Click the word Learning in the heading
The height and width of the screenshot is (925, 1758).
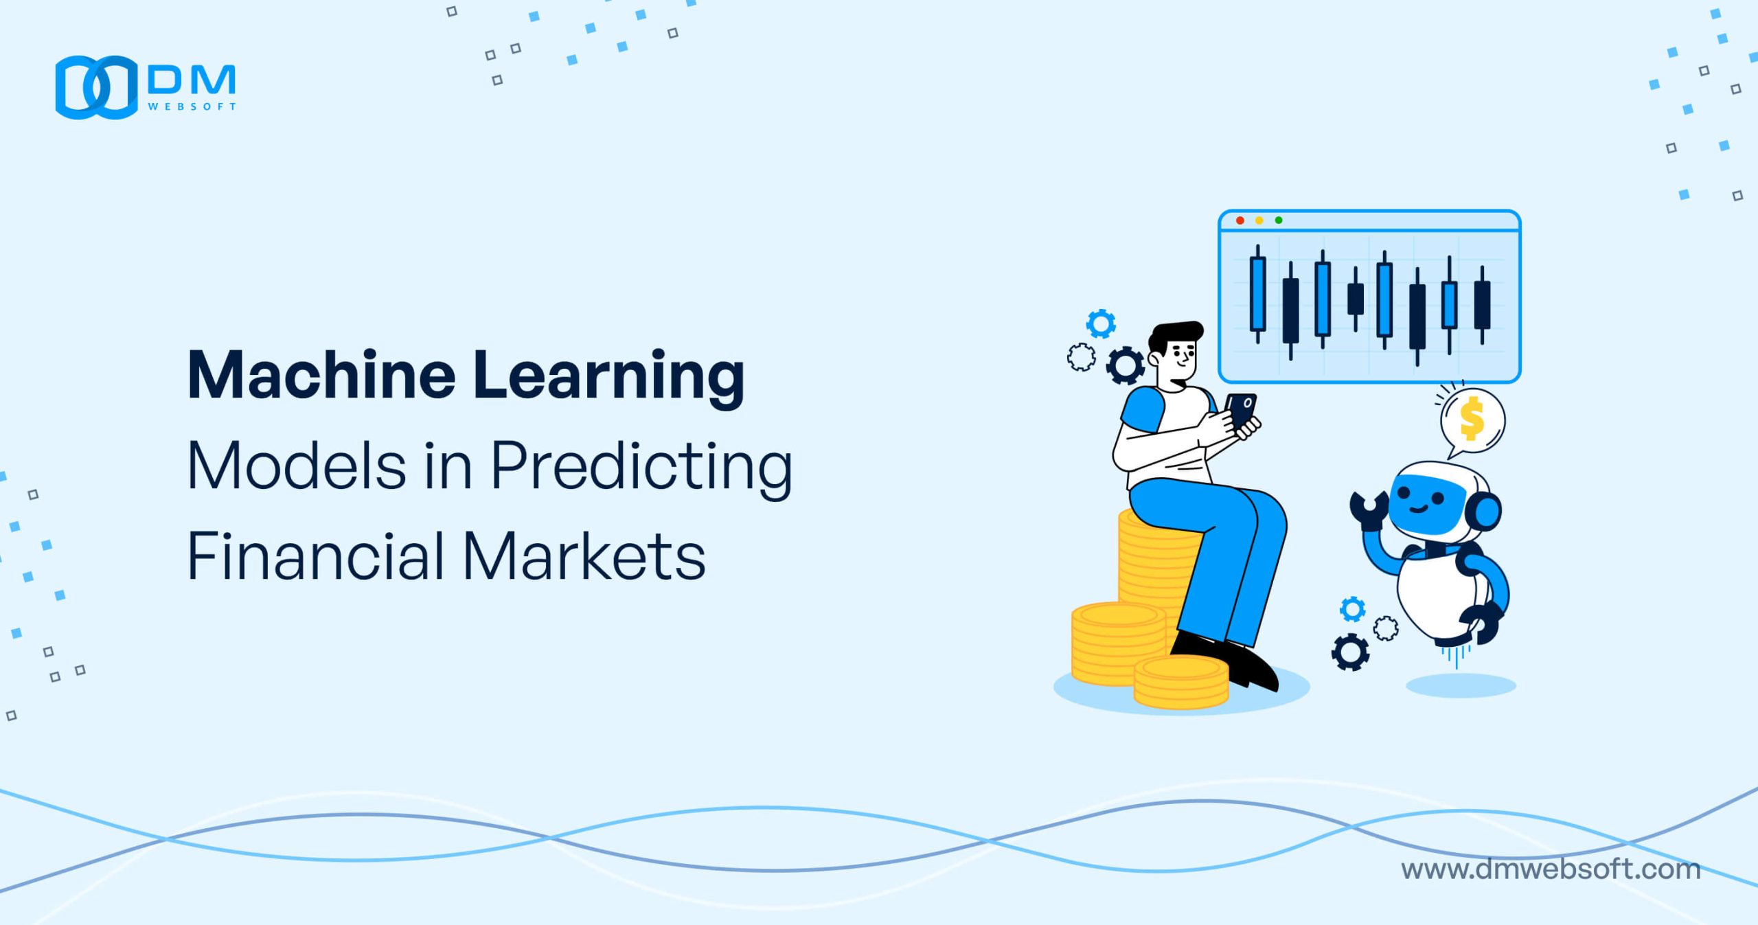click(609, 379)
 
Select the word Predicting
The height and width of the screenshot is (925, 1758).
click(641, 469)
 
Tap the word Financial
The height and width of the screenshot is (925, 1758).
click(316, 556)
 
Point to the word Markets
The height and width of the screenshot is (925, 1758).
click(584, 556)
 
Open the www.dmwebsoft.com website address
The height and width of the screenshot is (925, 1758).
click(1551, 869)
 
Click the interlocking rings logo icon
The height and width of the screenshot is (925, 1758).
click(97, 87)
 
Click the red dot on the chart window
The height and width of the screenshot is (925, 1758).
click(1240, 220)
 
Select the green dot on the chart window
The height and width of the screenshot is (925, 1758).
click(1278, 220)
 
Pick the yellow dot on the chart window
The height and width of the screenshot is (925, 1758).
click(1259, 220)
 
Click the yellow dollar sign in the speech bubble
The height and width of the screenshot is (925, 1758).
click(1471, 420)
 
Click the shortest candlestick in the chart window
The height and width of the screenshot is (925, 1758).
click(1356, 299)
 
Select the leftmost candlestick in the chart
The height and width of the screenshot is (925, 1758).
click(1258, 294)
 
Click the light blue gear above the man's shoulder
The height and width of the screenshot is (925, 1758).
click(1101, 324)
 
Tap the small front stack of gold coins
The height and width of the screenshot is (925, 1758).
click(1181, 682)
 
